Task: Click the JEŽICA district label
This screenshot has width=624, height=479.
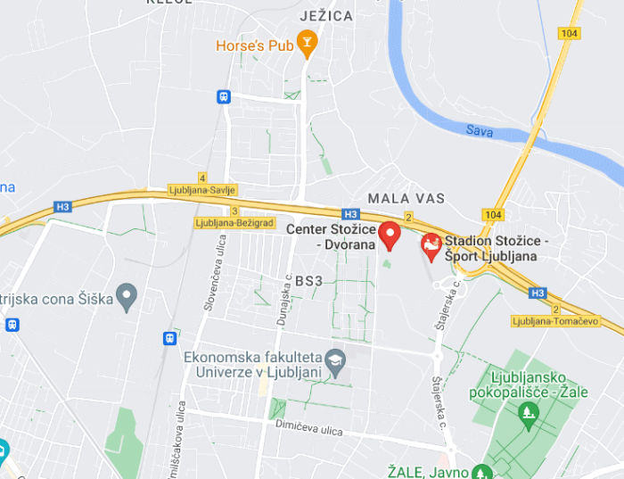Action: tap(326, 16)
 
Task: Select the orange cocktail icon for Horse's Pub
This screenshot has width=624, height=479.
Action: tap(307, 43)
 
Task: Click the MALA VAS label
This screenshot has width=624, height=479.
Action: tap(406, 197)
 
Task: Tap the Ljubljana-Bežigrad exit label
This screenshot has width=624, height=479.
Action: tap(234, 222)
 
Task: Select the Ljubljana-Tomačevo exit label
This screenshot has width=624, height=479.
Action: tap(555, 320)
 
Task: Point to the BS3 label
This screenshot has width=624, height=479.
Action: tap(309, 280)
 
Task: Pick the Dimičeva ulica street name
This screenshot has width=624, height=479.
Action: tap(309, 431)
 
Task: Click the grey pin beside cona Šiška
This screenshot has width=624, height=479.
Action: tap(127, 295)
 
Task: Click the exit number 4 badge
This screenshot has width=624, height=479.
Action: tap(202, 178)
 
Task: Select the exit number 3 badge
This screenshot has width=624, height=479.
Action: tap(234, 211)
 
